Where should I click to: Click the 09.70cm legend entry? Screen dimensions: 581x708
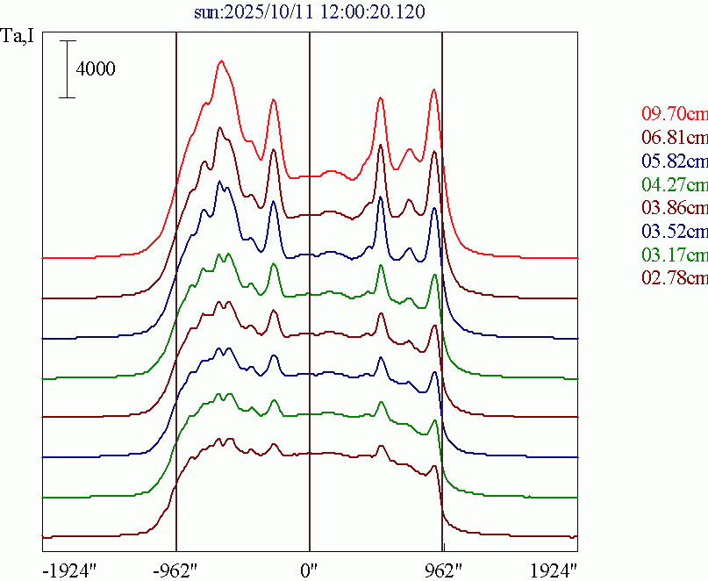[674, 114]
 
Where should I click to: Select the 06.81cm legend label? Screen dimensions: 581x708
[674, 138]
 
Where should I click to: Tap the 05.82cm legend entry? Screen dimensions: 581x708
[674, 161]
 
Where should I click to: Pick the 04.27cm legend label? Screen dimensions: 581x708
[674, 185]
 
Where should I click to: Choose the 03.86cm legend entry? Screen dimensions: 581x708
[674, 208]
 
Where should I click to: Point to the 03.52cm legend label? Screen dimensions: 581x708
[674, 232]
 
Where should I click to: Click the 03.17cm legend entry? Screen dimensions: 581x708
[674, 255]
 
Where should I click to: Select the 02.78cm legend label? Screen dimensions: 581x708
[674, 278]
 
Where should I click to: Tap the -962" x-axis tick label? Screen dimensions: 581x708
[176, 570]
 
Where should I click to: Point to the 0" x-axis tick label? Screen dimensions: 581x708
[310, 570]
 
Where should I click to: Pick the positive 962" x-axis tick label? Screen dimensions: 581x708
[444, 570]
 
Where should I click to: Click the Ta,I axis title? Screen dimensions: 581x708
[18, 39]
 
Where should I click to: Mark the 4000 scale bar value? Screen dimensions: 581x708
[96, 68]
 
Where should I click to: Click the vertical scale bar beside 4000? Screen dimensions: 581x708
[68, 68]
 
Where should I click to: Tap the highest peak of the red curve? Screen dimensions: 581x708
[221, 61]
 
